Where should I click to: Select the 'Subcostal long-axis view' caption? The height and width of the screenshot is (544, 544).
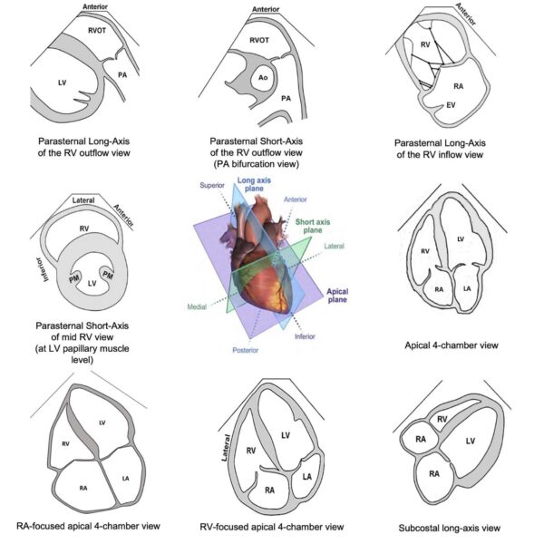[x=450, y=527]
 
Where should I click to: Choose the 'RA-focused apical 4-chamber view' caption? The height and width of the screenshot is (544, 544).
[x=90, y=525]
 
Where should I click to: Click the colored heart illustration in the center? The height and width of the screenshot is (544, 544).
[x=263, y=263]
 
